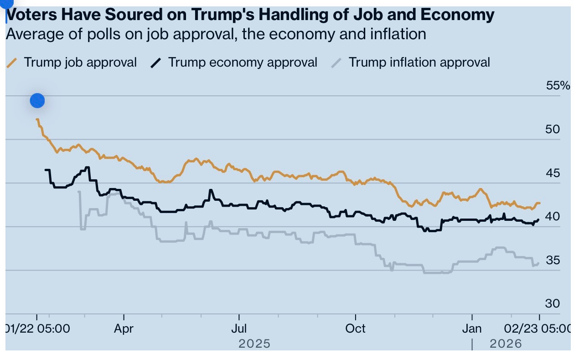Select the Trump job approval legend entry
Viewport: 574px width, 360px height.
[x=80, y=63]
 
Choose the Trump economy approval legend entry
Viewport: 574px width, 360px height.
[x=243, y=63]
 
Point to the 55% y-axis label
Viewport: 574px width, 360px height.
[x=558, y=86]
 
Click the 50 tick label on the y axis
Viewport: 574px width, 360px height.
[x=552, y=129]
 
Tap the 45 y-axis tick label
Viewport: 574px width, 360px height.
[x=552, y=173]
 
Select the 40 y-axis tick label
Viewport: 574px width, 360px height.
[x=552, y=216]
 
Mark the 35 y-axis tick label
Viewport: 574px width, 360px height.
[x=552, y=260]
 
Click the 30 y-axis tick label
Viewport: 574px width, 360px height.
[x=552, y=303]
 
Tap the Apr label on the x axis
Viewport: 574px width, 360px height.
[x=124, y=329]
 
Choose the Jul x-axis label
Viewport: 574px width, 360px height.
[x=239, y=329]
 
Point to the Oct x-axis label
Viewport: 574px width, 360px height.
[x=355, y=329]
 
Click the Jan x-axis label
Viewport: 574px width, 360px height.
[x=472, y=329]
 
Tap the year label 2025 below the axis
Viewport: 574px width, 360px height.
[x=254, y=344]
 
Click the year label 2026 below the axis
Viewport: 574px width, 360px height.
[x=506, y=344]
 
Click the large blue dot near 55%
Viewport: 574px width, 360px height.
[x=37, y=100]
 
